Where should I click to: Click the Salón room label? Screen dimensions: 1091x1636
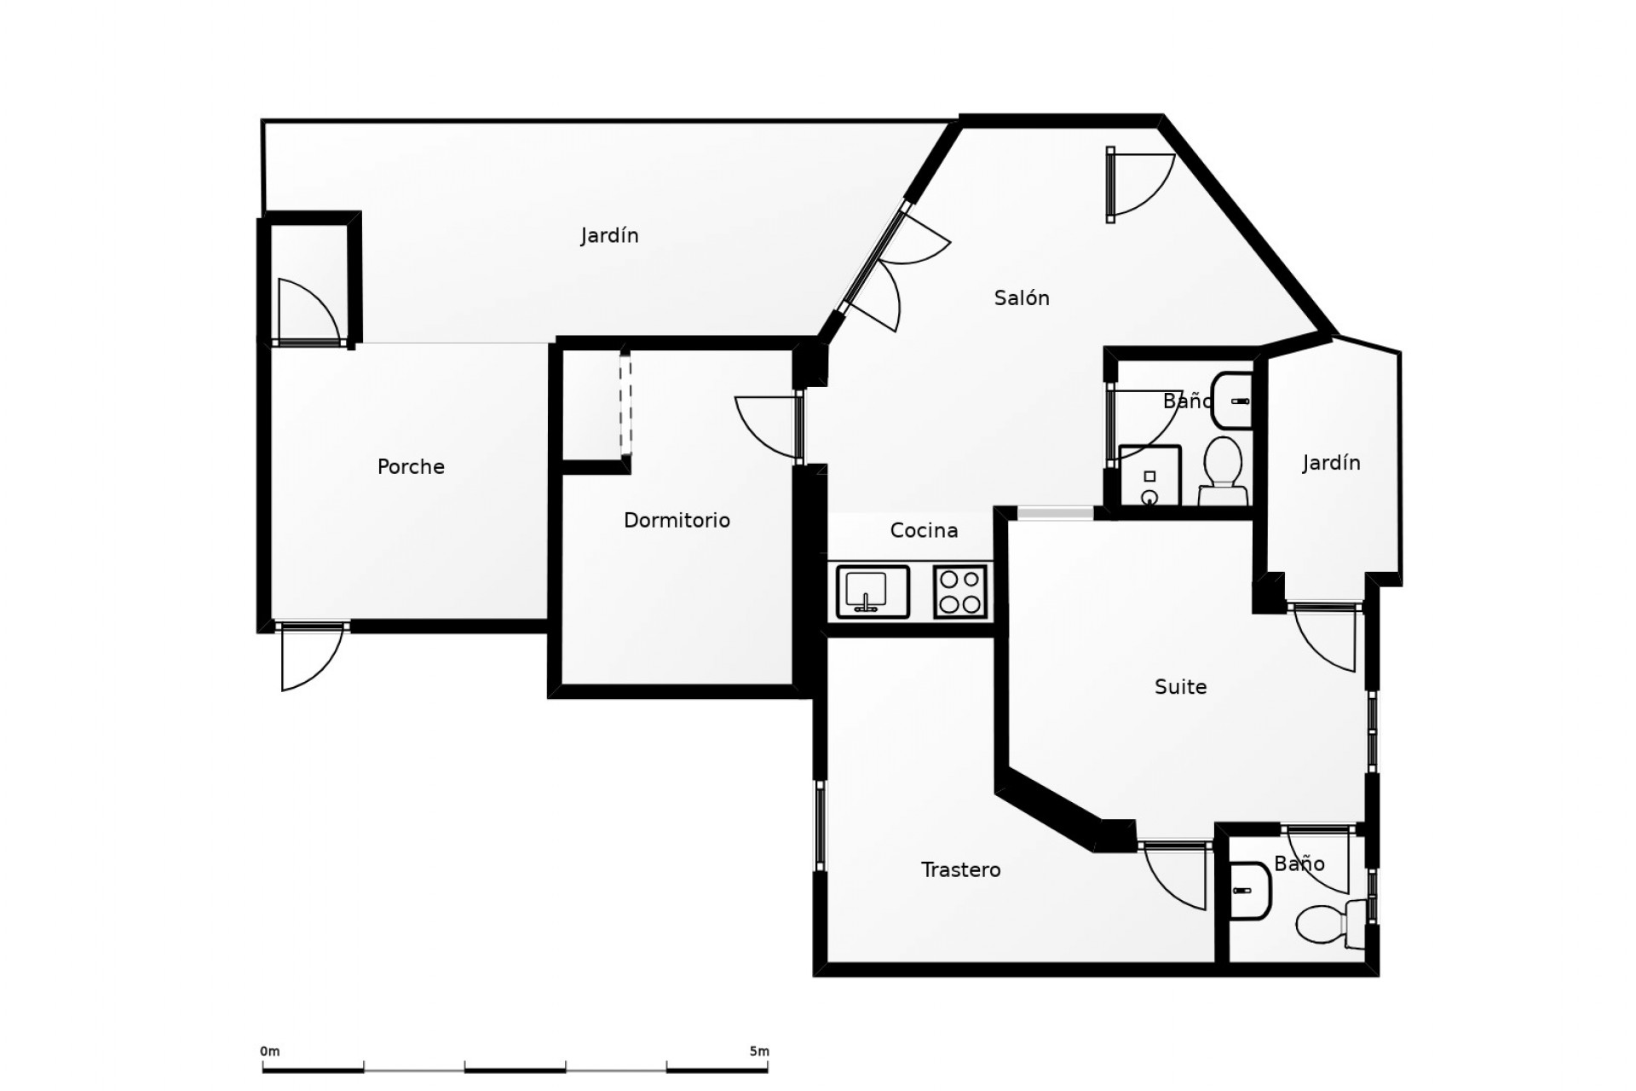(x=1021, y=298)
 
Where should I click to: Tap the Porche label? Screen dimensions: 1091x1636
(x=411, y=466)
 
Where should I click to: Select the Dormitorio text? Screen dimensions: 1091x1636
(x=677, y=520)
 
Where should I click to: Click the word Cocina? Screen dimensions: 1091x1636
(x=924, y=530)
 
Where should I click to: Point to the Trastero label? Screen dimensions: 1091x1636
(x=960, y=869)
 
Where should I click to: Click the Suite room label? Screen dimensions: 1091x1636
(x=1180, y=686)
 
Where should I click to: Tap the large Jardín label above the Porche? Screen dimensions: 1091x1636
(x=609, y=235)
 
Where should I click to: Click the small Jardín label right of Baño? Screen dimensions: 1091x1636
(x=1331, y=463)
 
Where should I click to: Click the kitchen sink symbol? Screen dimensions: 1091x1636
(x=873, y=591)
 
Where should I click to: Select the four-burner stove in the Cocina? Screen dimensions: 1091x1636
(x=960, y=592)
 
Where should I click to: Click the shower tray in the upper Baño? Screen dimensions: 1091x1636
(x=1149, y=476)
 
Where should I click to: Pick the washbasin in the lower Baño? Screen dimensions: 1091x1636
(x=1250, y=891)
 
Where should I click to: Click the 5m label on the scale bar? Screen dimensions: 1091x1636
(x=758, y=1052)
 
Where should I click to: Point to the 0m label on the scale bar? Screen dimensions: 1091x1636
(x=269, y=1052)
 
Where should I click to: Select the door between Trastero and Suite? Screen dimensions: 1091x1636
(x=1174, y=878)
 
